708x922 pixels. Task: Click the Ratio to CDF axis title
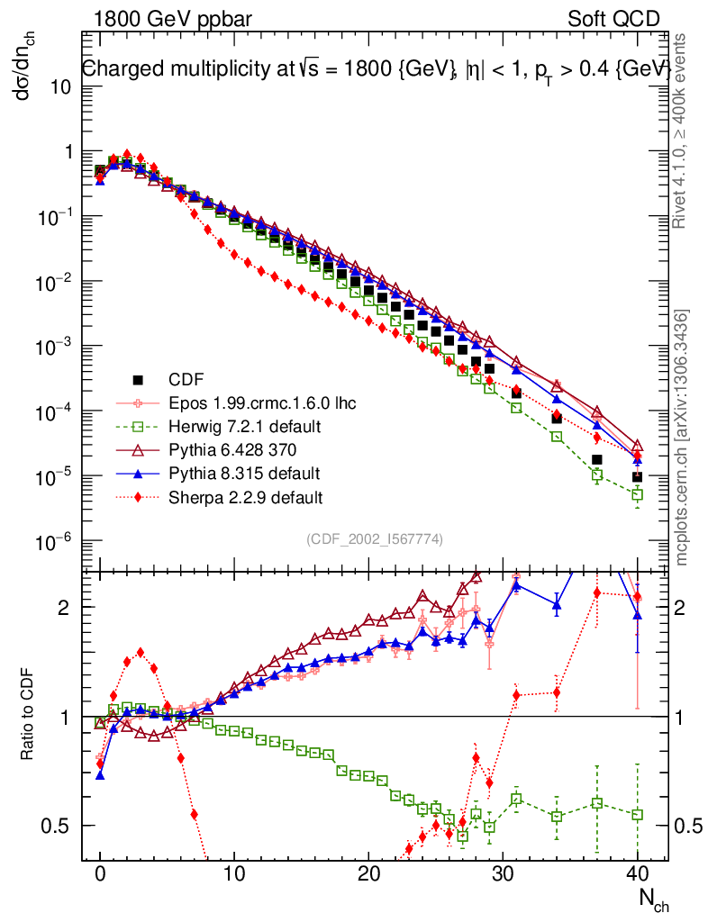point(29,717)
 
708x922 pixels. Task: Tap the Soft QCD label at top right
point(614,19)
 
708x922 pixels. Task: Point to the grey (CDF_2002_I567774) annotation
point(374,539)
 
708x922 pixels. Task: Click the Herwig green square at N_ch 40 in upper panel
point(637,494)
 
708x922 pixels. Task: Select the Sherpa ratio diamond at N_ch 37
point(596,592)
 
